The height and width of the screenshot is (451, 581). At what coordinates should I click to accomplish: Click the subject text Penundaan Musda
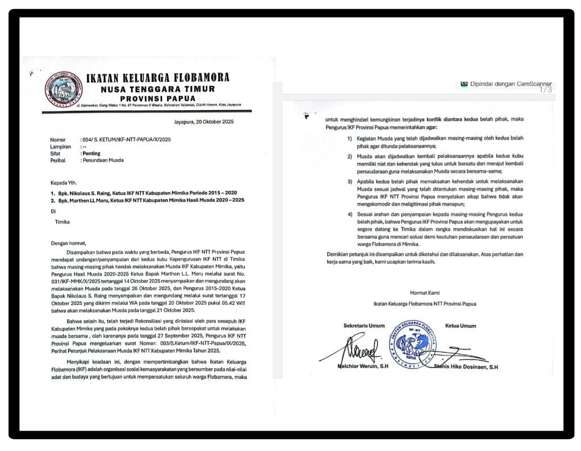pos(104,160)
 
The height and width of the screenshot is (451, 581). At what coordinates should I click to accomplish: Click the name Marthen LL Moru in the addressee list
pos(91,201)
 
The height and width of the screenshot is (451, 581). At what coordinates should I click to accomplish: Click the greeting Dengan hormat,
pos(68,243)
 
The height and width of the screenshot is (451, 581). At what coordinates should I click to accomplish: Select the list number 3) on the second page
pos(350,181)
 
